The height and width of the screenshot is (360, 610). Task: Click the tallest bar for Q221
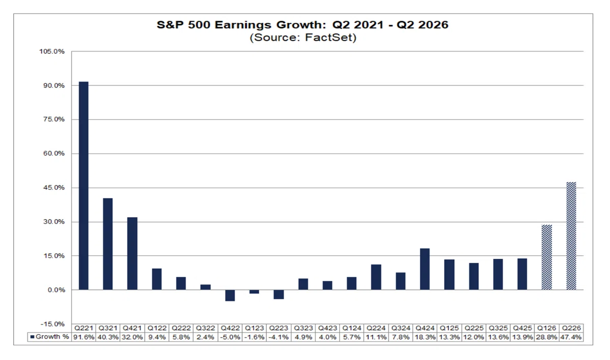(83, 186)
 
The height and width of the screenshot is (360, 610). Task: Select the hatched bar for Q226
(571, 236)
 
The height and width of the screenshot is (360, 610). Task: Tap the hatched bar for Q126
(546, 257)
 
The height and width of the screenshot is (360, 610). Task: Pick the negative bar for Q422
(230, 295)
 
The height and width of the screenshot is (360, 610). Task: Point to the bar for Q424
(425, 269)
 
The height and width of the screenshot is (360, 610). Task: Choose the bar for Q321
(108, 244)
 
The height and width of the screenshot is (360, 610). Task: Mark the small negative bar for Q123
(254, 292)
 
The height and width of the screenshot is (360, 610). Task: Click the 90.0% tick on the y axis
(54, 85)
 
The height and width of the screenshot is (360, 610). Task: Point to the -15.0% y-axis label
(52, 324)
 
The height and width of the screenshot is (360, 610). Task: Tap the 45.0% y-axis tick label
(54, 188)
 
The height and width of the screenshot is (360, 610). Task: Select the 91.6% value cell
(83, 337)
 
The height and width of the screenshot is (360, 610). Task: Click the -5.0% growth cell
(230, 337)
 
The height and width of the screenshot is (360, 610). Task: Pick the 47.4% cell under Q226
(571, 337)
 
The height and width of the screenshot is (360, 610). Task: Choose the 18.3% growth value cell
(425, 337)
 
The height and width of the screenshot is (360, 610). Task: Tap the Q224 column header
(376, 328)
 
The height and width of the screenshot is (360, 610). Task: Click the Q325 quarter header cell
(498, 328)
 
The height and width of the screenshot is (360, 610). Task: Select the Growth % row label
(50, 337)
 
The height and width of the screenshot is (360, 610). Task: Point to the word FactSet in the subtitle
(330, 38)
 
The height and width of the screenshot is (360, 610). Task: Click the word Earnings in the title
(243, 25)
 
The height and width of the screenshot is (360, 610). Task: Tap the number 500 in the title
(199, 25)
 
